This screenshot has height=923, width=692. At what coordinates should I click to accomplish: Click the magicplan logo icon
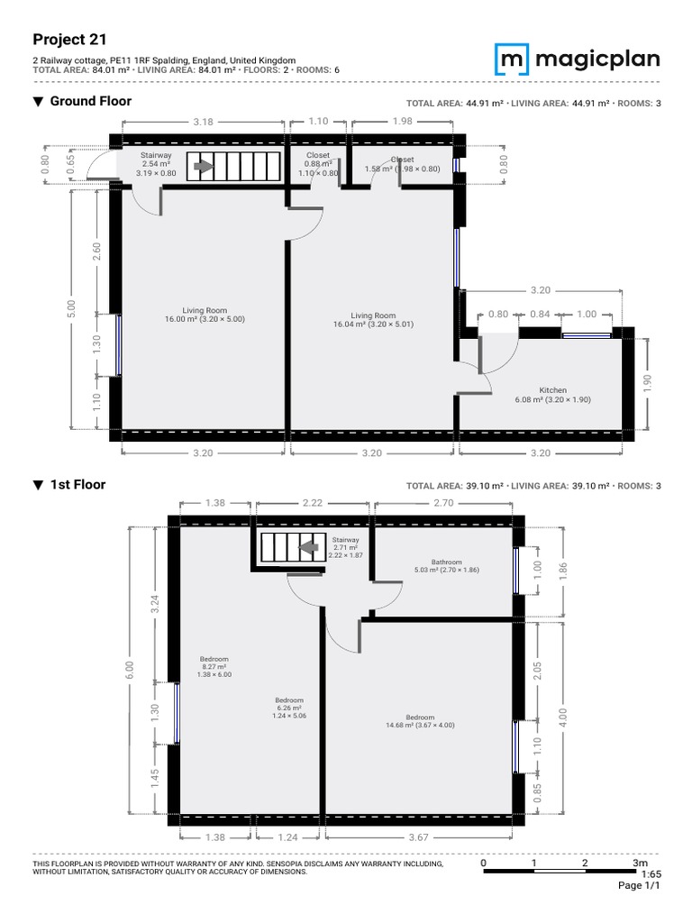(512, 59)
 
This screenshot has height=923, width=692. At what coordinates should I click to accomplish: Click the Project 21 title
(69, 40)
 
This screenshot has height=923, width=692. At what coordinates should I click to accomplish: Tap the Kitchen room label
(553, 390)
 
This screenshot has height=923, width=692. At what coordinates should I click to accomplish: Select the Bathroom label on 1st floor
(447, 562)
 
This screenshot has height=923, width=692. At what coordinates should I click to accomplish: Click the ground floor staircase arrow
(204, 167)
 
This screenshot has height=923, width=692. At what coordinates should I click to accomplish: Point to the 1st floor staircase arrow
(308, 547)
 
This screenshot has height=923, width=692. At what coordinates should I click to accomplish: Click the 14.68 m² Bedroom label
(420, 717)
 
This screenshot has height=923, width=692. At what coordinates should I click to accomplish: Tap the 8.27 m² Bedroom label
(214, 659)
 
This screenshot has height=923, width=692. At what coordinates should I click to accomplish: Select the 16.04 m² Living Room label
(373, 315)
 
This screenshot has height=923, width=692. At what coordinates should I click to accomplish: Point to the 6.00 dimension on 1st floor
(130, 670)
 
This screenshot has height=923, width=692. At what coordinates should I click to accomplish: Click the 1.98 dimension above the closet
(403, 122)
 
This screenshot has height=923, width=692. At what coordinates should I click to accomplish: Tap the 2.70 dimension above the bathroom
(443, 503)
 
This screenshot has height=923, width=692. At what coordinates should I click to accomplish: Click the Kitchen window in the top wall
(586, 335)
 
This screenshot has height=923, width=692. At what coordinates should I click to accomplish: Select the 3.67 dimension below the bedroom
(418, 837)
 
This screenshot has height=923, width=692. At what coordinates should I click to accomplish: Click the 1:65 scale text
(651, 874)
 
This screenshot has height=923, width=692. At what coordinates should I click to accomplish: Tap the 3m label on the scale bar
(641, 863)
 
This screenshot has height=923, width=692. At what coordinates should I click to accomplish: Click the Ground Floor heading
(91, 101)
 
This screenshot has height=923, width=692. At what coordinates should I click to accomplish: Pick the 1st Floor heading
(77, 485)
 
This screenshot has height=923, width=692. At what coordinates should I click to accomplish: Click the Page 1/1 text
(639, 885)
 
